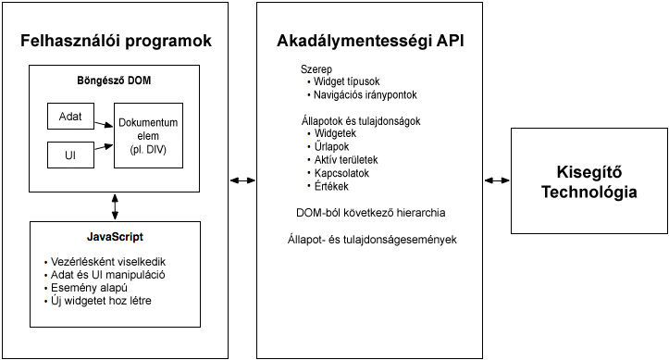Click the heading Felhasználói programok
pyautogui.click(x=117, y=42)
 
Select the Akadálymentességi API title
pyautogui.click(x=370, y=42)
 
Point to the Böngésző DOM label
pyautogui.click(x=115, y=81)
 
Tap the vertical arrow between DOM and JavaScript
pyautogui.click(x=115, y=204)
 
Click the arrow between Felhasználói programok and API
pyautogui.click(x=242, y=180)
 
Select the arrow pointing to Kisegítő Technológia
pyautogui.click(x=497, y=180)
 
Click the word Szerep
pyautogui.click(x=316, y=69)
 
